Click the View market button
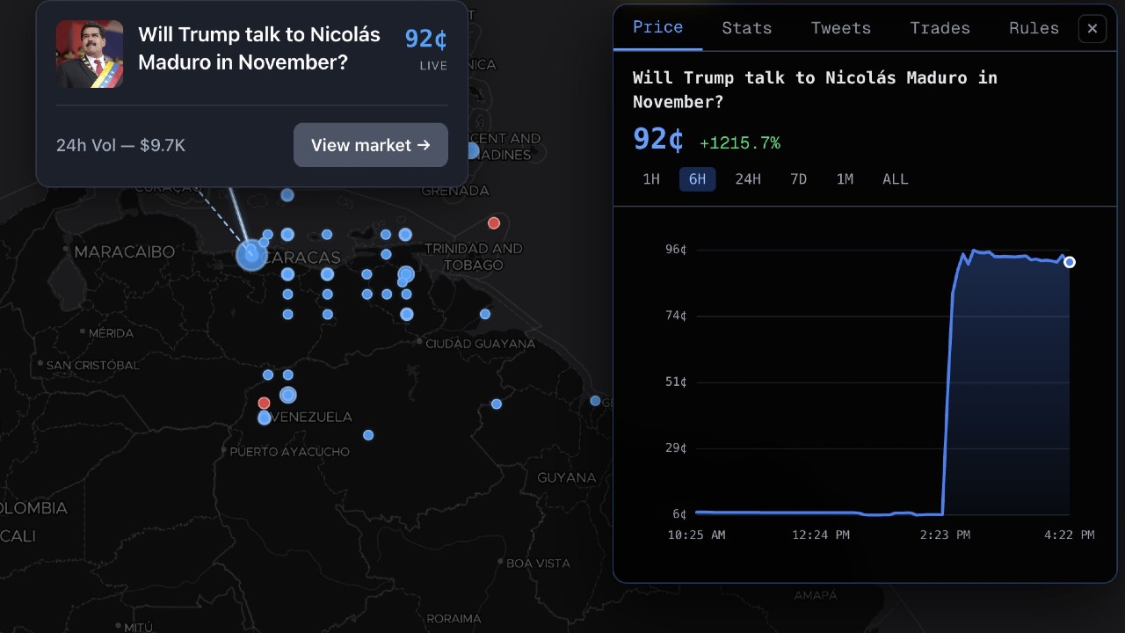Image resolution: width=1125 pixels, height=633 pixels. (370, 145)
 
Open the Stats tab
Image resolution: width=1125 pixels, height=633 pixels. (746, 28)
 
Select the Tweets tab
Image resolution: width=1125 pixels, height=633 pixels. (840, 28)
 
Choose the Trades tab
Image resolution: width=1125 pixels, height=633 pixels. (940, 28)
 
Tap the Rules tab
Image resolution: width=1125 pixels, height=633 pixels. (1034, 28)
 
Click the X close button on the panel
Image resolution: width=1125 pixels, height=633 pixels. (1092, 29)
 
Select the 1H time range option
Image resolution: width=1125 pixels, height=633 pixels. (651, 179)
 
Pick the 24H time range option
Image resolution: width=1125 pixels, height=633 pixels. (748, 179)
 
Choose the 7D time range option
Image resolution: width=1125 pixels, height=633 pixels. (798, 179)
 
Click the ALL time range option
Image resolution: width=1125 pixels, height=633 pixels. (895, 179)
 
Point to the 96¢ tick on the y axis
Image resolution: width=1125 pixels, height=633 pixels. (675, 250)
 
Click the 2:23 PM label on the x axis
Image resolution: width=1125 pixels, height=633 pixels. (946, 535)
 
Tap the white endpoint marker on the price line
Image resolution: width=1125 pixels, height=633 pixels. (1070, 262)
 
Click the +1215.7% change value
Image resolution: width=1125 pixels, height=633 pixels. (739, 142)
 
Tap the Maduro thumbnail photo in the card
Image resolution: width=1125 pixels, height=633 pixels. (90, 55)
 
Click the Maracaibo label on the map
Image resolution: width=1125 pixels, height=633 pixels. (124, 251)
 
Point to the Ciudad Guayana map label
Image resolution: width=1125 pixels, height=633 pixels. (480, 344)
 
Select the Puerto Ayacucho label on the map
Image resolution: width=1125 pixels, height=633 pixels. (289, 452)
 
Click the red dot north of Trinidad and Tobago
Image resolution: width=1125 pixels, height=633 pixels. (494, 223)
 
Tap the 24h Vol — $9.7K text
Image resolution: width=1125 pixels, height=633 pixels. (120, 145)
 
